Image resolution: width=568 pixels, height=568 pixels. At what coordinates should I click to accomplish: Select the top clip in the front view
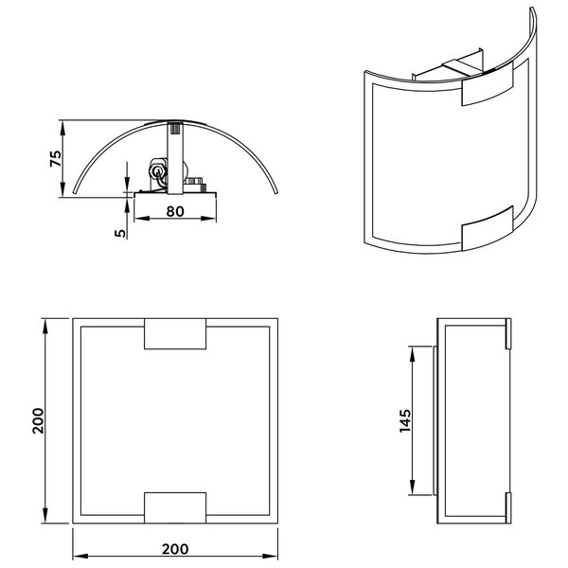tap(174, 335)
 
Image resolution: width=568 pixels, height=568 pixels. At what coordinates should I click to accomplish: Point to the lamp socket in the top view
tap(156, 173)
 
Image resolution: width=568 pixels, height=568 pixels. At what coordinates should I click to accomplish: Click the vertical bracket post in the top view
tap(175, 151)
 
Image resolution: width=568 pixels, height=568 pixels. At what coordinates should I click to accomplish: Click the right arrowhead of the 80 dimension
tap(214, 219)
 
